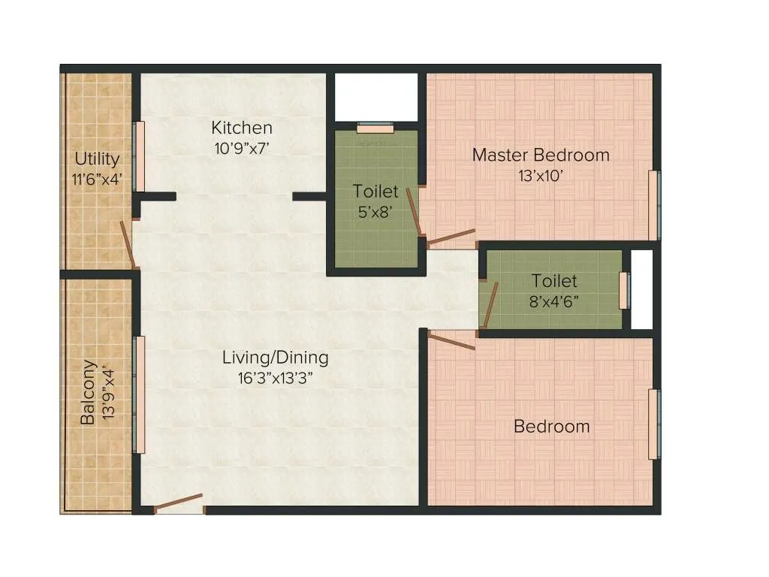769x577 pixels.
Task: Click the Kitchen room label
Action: point(241,127)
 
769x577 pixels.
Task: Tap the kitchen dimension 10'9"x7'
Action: point(241,148)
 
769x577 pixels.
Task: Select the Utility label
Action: point(97,159)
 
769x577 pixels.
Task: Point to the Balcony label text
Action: point(89,392)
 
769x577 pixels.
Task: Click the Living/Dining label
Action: point(275,358)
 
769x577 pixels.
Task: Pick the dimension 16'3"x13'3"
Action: point(275,378)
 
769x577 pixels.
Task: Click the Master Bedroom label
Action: point(541,156)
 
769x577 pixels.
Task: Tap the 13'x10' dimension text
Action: point(541,176)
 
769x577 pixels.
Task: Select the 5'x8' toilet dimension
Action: point(375,212)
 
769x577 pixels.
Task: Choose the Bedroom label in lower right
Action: point(551,427)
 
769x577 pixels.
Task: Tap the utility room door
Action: point(128,244)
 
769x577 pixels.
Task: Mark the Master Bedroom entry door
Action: point(451,237)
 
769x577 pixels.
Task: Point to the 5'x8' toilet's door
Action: point(413,212)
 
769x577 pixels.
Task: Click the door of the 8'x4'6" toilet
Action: point(490,306)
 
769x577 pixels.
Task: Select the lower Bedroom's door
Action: point(452,340)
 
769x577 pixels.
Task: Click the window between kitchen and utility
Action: point(138,156)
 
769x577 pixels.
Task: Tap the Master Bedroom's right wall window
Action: point(654,205)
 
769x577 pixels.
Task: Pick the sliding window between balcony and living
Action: point(138,394)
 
